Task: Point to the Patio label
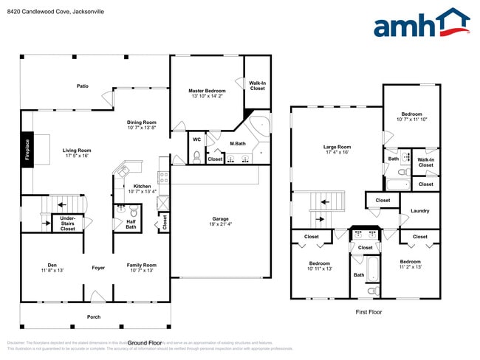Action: pyautogui.click(x=83, y=86)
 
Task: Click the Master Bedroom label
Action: pyautogui.click(x=206, y=93)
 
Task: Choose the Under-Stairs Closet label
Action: pyautogui.click(x=68, y=223)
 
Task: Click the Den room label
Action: pyautogui.click(x=52, y=267)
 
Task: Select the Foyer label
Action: pyautogui.click(x=98, y=267)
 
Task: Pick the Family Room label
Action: pyautogui.click(x=141, y=267)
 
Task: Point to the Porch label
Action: pyautogui.click(x=94, y=316)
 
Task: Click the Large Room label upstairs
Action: pyautogui.click(x=337, y=149)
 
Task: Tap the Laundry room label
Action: pyautogui.click(x=419, y=211)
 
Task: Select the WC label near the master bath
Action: pyautogui.click(x=196, y=139)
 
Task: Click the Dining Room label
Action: pyautogui.click(x=141, y=125)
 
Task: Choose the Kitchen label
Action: pyautogui.click(x=142, y=189)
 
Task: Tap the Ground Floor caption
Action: pyautogui.click(x=145, y=343)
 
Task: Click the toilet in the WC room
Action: pyautogui.click(x=196, y=156)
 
